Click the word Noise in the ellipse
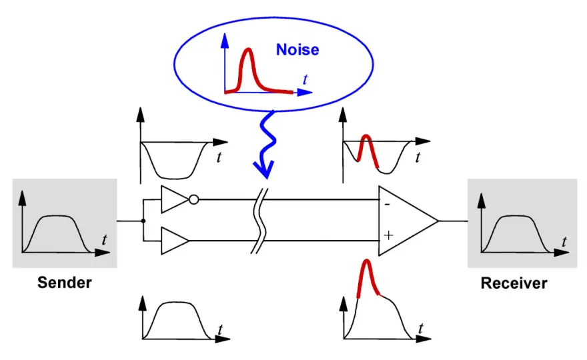tap(298, 50)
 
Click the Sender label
tap(65, 283)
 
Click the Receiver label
tap(514, 283)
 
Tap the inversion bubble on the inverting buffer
tap(193, 199)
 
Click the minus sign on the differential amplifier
tap(387, 204)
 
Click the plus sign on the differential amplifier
tap(388, 235)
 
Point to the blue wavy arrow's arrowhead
tap(264, 170)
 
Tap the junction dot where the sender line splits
tap(143, 221)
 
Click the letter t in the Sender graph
tap(105, 239)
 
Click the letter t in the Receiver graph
tap(564, 241)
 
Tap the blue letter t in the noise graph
tap(305, 79)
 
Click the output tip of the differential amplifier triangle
tap(438, 221)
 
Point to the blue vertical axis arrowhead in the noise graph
tap(225, 40)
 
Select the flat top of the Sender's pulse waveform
tap(56, 216)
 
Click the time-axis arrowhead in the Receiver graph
tap(561, 253)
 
